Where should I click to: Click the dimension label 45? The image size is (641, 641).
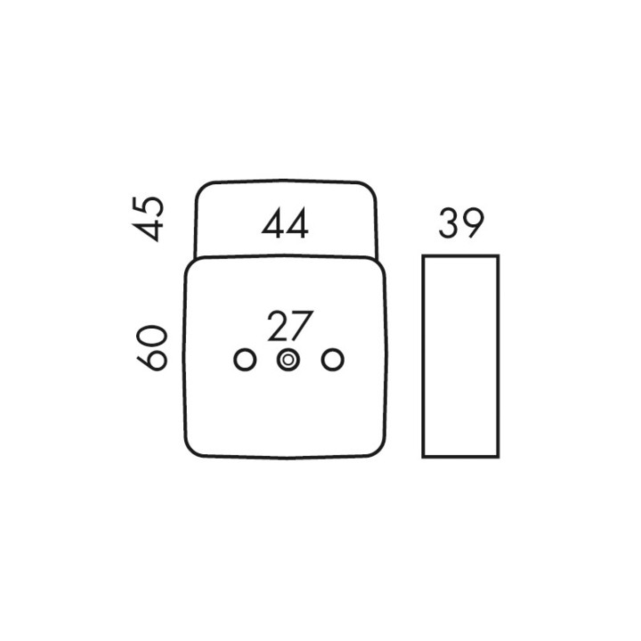(148, 219)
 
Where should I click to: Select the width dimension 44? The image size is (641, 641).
(285, 223)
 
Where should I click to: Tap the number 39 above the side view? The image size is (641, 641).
(461, 223)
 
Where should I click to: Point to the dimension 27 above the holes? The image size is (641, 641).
(290, 326)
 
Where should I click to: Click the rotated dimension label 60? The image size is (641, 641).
(151, 348)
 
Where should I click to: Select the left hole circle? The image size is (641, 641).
(245, 361)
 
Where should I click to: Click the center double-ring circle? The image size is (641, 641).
(288, 361)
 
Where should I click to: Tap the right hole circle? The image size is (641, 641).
(333, 361)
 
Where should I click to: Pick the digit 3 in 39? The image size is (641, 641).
(449, 223)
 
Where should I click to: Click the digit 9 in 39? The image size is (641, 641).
(474, 223)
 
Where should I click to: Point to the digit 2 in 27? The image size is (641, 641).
(278, 326)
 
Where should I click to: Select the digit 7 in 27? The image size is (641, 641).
(303, 326)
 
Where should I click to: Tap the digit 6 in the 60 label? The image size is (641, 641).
(151, 361)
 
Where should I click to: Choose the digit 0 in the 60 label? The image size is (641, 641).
(151, 337)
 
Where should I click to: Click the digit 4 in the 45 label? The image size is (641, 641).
(147, 231)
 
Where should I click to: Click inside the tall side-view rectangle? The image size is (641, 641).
(461, 355)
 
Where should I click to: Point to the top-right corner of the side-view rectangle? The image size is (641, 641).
(499, 256)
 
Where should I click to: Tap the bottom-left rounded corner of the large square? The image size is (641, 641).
(192, 450)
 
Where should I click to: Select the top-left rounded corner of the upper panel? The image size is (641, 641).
(202, 189)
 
